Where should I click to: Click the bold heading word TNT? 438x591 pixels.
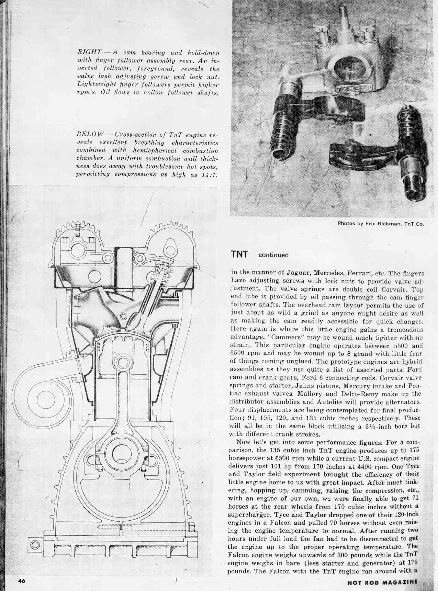click(239, 254)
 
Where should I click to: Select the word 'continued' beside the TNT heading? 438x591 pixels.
click(273, 255)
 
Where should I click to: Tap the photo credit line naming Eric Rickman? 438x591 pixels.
click(381, 224)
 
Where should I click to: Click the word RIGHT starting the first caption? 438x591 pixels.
click(89, 53)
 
